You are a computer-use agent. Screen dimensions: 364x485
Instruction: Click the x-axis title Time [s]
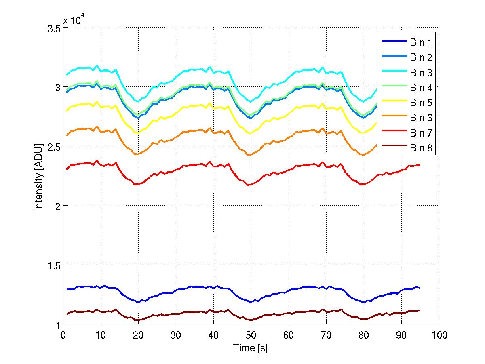point(250,348)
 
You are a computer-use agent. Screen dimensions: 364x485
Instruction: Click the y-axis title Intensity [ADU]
point(39,176)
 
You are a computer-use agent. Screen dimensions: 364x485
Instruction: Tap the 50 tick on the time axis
point(251,335)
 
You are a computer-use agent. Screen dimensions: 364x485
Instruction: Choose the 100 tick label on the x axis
point(439,335)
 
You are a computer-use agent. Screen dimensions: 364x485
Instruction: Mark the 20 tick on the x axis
point(138,335)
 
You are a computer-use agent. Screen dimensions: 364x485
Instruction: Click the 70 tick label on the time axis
point(326,335)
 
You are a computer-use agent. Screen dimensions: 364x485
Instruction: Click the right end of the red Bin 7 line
point(420,165)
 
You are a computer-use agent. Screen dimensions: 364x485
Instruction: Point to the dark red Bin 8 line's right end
point(420,310)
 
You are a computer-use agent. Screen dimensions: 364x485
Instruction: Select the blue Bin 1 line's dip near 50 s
point(251,302)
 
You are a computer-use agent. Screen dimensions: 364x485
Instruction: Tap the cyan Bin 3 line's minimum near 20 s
point(138,101)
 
